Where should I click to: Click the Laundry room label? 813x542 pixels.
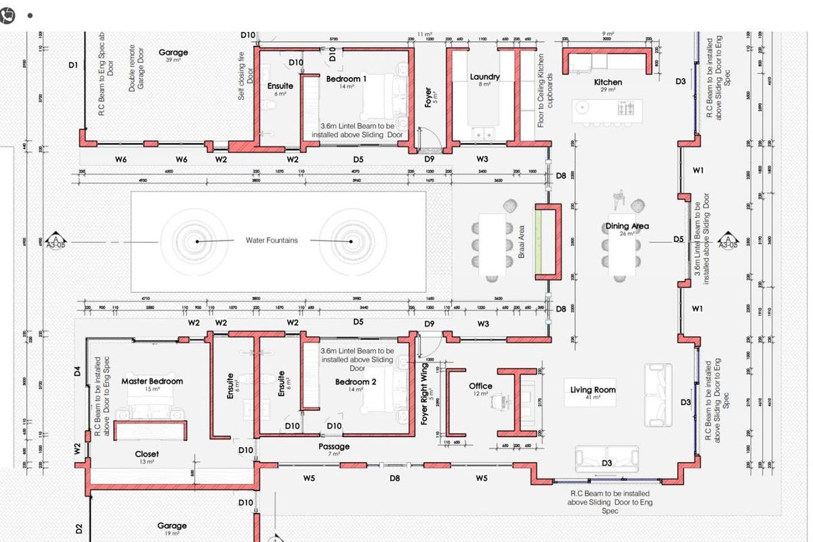484,77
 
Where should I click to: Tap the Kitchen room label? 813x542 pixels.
608,82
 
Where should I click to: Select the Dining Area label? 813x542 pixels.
627,226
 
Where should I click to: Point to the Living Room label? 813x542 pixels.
593,390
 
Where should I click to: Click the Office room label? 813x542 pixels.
480,386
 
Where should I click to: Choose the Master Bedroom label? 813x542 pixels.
152,381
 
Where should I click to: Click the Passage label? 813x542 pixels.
334,446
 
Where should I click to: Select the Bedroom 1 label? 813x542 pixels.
346,79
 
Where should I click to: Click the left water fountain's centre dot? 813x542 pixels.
197,241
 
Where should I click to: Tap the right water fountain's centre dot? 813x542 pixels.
351,241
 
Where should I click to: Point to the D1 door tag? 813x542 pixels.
73,65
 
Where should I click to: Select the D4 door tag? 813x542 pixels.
77,371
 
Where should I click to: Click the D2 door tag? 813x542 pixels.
78,528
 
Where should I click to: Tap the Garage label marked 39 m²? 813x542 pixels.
173,52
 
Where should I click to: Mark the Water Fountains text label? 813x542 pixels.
272,241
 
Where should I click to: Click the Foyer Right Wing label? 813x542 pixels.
425,394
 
